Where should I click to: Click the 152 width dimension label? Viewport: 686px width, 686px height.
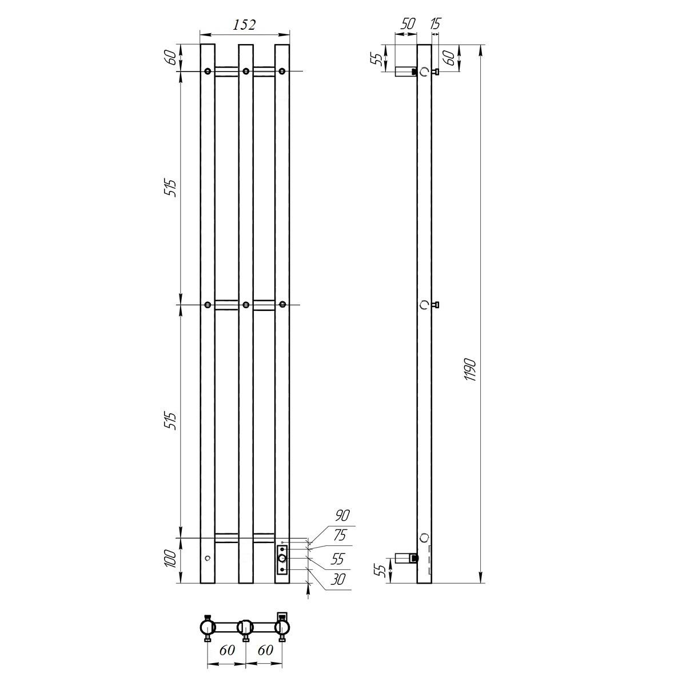pos(244,25)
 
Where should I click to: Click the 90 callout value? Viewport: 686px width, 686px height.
pos(342,515)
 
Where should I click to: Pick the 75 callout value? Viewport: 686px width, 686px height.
pos(340,536)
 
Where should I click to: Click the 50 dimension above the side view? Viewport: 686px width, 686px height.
pos(408,24)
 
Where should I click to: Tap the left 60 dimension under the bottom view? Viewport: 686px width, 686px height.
pos(227,650)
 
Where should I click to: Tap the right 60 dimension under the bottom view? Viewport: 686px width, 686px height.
pos(265,650)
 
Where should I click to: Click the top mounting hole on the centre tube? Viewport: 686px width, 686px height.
pos(245,71)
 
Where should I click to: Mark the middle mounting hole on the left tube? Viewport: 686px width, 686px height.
pos(208,305)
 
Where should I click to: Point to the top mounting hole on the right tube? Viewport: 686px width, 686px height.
pos(282,71)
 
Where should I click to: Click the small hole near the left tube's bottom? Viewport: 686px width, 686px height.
pos(208,557)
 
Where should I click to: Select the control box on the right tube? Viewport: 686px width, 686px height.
pos(282,559)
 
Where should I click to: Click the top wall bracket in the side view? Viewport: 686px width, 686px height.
pos(408,71)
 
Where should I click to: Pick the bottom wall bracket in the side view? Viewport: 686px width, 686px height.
pos(406,557)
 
